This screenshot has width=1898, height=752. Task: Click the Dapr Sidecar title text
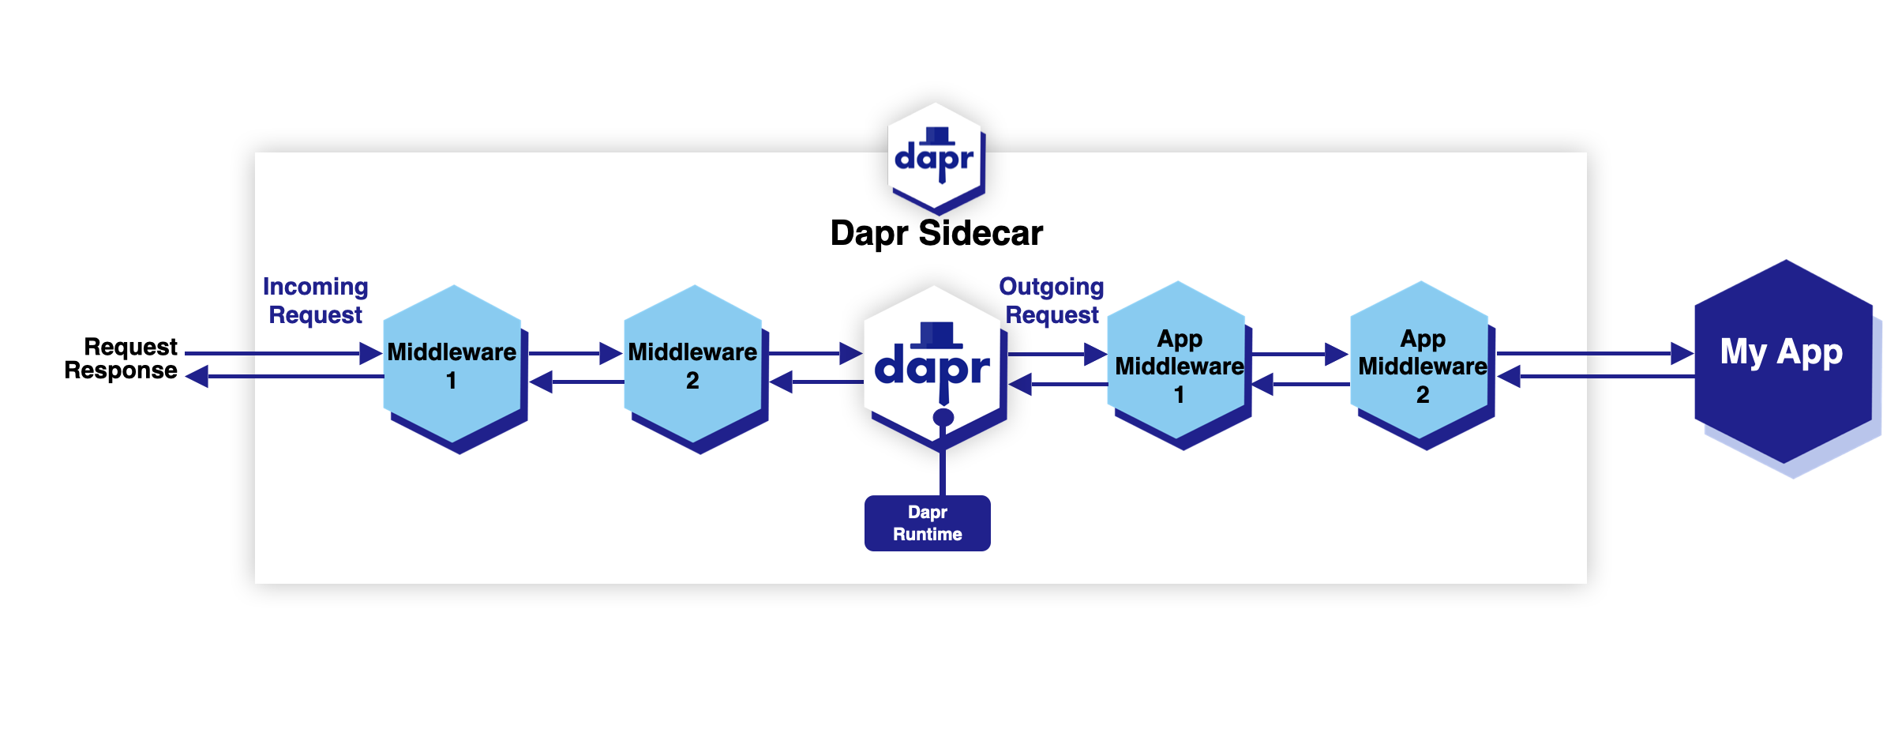coord(936,234)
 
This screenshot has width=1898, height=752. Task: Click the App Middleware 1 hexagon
coord(1178,363)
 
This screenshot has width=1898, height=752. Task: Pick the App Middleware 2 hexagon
coord(1421,363)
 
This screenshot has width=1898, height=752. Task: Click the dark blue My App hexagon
coord(1782,362)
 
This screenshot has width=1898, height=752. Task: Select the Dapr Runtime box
coord(927,523)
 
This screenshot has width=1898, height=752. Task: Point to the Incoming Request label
coord(315,300)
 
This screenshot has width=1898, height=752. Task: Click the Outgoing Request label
coord(1051,300)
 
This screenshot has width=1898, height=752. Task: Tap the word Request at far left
coord(130,347)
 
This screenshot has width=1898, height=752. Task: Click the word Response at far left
coord(121,370)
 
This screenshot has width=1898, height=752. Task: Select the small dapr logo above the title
coord(936,156)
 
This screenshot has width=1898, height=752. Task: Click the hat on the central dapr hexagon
coord(936,334)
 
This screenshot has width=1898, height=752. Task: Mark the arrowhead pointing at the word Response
coord(197,377)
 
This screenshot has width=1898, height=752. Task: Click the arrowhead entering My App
coord(1682,353)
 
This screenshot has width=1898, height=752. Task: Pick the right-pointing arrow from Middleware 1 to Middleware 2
coord(575,353)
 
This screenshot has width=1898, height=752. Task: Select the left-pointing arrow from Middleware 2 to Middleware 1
coord(576,382)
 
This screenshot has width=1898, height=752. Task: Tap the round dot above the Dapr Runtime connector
coord(943,417)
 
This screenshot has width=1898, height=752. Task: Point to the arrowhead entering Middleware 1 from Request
coord(370,353)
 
